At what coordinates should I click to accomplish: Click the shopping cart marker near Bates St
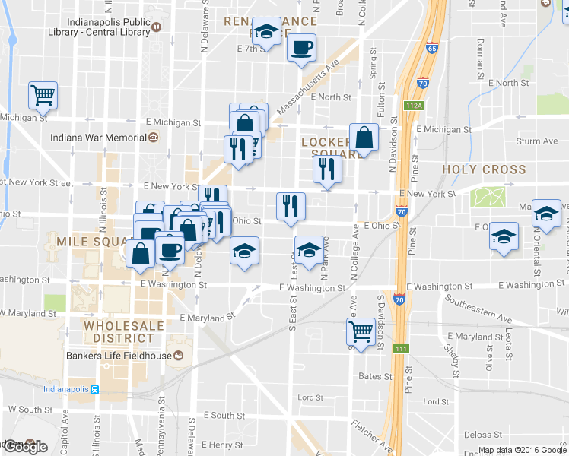tap(361, 331)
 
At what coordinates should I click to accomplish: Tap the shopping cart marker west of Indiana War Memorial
tap(43, 95)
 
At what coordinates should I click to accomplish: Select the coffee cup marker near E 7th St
tap(300, 47)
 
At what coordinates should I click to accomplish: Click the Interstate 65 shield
tap(431, 48)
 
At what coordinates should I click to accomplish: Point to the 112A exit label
tap(413, 106)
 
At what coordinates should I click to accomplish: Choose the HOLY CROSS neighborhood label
tap(484, 169)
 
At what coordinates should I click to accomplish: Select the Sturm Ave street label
tap(537, 141)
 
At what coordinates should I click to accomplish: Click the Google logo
tap(24, 447)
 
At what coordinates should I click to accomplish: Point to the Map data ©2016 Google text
tap(521, 450)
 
